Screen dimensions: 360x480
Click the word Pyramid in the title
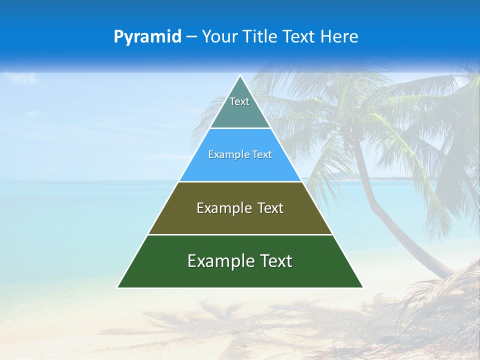click(x=147, y=36)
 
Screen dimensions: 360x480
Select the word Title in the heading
click(x=262, y=36)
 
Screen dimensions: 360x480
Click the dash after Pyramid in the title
click(x=191, y=36)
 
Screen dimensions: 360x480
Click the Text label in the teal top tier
click(x=239, y=101)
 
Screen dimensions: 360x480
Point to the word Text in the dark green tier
click(x=274, y=261)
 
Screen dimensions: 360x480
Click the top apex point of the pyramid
click(x=240, y=76)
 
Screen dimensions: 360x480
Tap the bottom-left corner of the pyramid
click(x=118, y=287)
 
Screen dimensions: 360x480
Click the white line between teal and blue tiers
click(x=240, y=128)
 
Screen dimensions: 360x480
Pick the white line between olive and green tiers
click(x=240, y=234)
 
